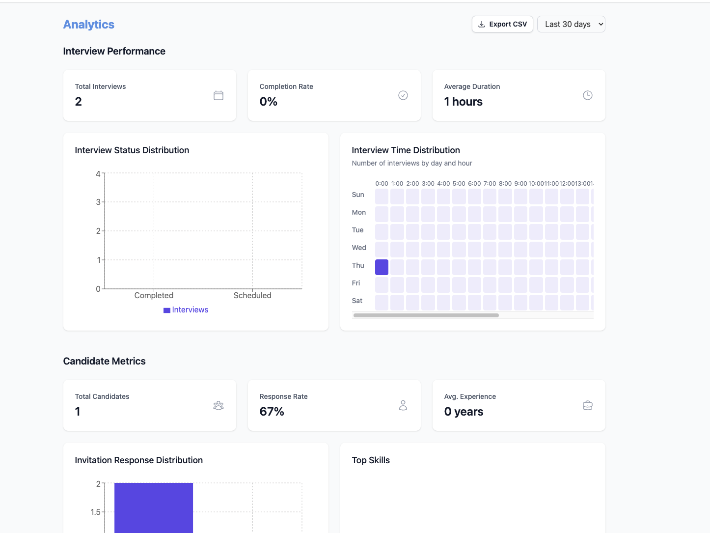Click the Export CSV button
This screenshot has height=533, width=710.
click(x=502, y=24)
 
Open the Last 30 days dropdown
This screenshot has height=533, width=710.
click(x=571, y=24)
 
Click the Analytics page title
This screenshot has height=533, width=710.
click(x=88, y=25)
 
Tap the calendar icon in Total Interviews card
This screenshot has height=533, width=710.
click(x=218, y=95)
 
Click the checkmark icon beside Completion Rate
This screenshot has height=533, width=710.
click(x=403, y=95)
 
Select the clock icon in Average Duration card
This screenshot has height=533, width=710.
click(x=587, y=95)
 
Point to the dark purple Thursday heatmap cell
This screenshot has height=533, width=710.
click(x=382, y=267)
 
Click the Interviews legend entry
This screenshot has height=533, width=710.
click(x=186, y=310)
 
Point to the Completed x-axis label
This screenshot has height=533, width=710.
click(x=154, y=295)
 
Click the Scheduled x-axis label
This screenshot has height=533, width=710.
click(x=252, y=295)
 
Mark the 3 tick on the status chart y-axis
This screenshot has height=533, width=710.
click(x=98, y=202)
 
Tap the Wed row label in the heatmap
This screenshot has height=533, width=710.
click(x=359, y=248)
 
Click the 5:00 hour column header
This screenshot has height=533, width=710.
click(x=459, y=184)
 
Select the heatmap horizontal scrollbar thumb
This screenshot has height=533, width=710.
click(x=426, y=315)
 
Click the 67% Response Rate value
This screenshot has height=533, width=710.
click(x=272, y=412)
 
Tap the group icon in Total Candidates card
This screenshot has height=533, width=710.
click(x=218, y=405)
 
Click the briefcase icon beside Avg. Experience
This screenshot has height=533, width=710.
click(x=587, y=405)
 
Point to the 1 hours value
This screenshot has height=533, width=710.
click(x=463, y=102)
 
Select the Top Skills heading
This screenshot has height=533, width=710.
click(x=371, y=460)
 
